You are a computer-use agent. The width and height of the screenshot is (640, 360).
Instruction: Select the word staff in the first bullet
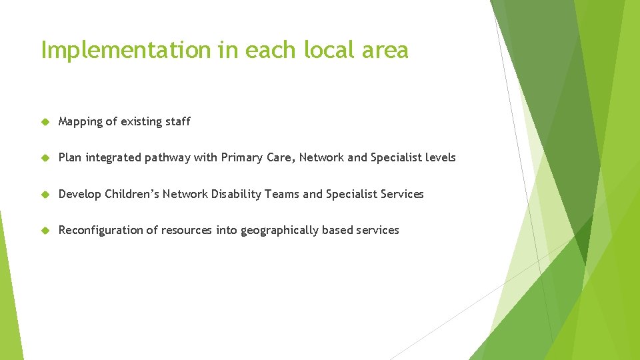[x=177, y=121]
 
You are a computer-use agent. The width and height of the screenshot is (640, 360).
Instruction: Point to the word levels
[x=439, y=158]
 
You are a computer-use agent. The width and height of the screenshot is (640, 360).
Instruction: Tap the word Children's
[x=132, y=194]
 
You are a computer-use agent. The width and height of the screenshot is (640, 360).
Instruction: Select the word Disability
[x=236, y=194]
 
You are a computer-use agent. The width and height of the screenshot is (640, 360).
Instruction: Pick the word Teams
[x=282, y=194]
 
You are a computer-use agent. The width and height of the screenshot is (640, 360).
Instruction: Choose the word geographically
[x=279, y=231]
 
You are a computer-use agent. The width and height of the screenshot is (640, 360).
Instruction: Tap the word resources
[x=187, y=230]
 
